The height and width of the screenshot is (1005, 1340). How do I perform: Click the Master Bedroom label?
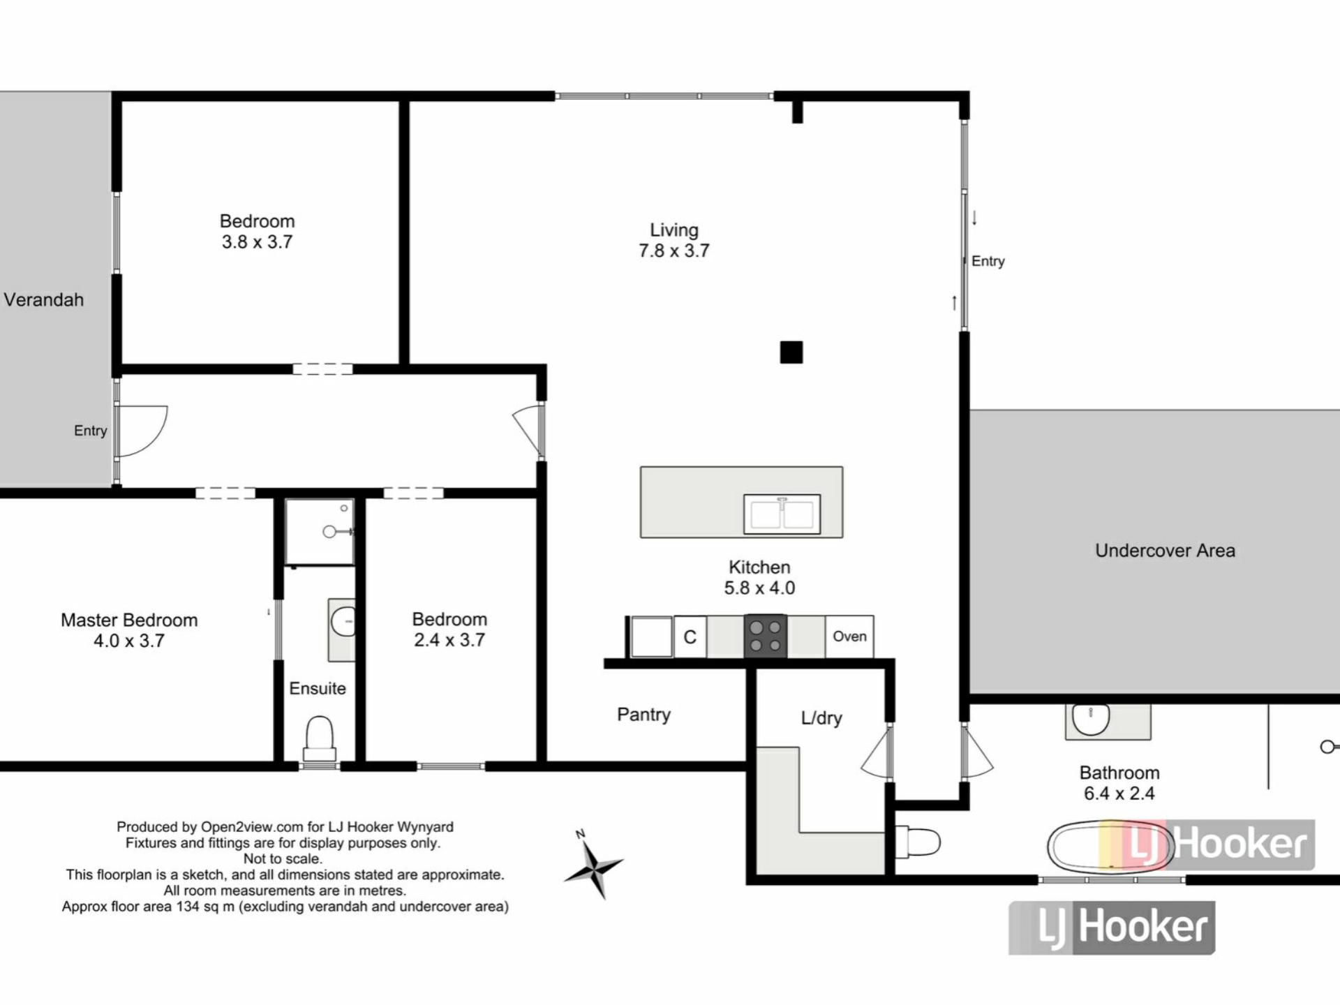(129, 620)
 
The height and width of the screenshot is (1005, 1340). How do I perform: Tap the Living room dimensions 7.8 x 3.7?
(673, 251)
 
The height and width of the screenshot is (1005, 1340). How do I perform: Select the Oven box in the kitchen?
(849, 636)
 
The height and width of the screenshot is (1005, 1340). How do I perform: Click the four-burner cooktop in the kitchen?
(766, 636)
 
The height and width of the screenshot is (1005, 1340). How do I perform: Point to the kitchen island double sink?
(782, 514)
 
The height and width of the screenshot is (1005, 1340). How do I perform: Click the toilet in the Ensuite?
(320, 739)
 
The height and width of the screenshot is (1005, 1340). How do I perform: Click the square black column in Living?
(791, 352)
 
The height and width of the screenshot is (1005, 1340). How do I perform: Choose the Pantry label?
(643, 715)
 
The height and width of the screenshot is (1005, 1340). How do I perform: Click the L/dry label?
(821, 718)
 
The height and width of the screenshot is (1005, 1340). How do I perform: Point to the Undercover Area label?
(1165, 551)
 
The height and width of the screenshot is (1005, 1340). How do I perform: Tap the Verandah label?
(44, 300)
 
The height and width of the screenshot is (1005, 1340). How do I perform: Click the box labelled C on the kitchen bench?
(690, 636)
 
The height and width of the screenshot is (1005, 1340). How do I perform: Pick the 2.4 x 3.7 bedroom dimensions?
(449, 640)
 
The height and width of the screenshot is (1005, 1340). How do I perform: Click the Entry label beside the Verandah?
(91, 431)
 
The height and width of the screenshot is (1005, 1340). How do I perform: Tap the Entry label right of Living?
(988, 261)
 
